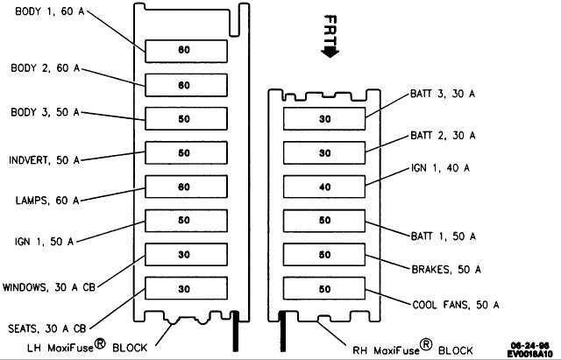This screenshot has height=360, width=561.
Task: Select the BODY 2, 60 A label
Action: point(45,67)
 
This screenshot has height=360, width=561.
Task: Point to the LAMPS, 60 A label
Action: point(45,200)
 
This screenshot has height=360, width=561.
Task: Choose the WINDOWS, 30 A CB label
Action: point(50,286)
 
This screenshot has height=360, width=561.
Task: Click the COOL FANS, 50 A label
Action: point(456,305)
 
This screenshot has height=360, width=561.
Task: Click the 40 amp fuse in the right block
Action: point(325,186)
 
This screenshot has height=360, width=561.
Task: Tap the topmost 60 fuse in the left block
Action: point(185,51)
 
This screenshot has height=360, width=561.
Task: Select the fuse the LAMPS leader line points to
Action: point(185,187)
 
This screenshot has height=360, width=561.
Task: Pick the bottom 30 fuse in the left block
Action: point(185,288)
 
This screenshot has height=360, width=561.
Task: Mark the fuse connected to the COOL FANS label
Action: point(325,288)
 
